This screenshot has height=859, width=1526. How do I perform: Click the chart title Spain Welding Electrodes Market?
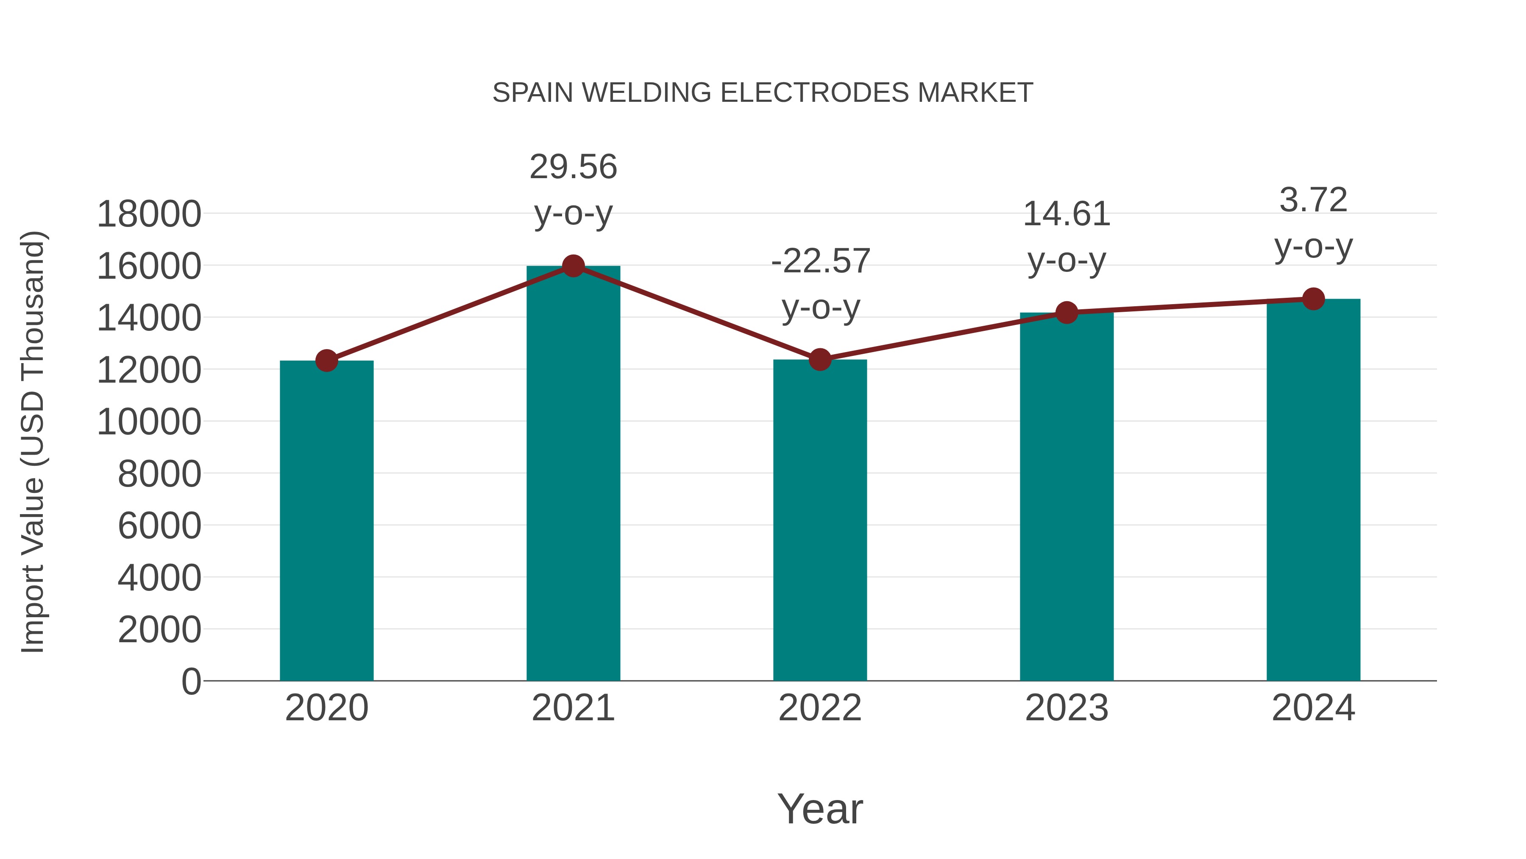point(763,93)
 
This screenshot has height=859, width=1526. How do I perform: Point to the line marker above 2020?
point(326,361)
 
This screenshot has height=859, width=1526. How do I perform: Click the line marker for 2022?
point(819,359)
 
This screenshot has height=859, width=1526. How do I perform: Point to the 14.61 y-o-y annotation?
point(1067,237)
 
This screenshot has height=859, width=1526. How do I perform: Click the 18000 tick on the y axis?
point(149,214)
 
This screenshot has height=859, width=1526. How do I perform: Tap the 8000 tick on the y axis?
point(159,474)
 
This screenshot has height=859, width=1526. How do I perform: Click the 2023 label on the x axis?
point(1067,708)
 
